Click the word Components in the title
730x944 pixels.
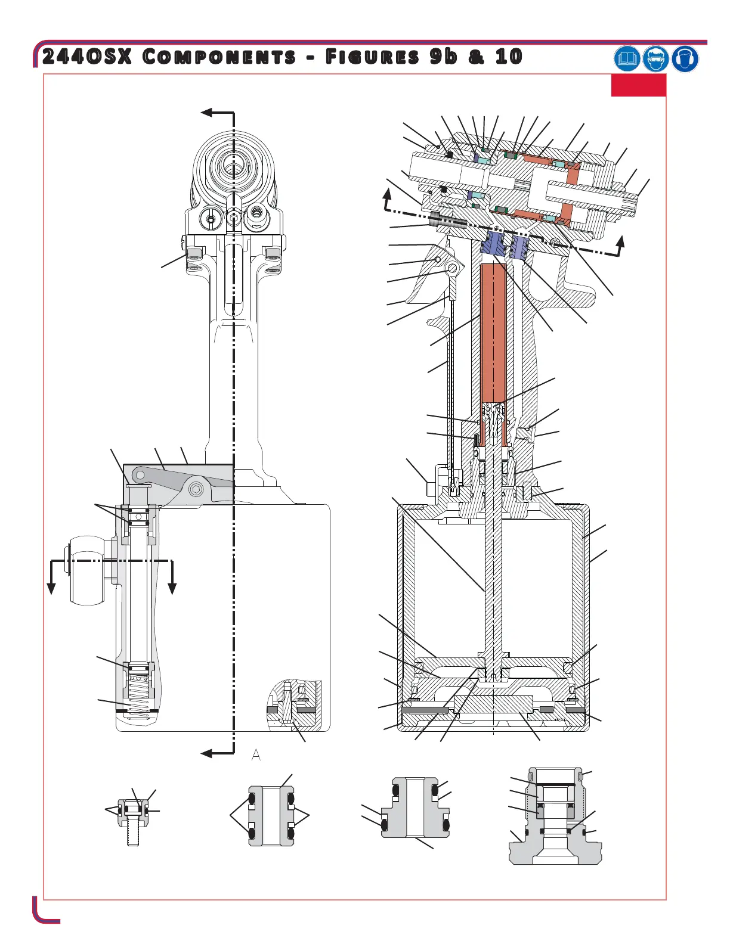[219, 57]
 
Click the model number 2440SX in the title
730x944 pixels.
[87, 57]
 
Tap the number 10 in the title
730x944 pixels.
[509, 57]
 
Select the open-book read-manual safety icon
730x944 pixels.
[626, 58]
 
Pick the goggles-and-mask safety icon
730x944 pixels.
[655, 58]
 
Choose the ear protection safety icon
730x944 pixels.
[685, 58]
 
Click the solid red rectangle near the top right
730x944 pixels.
[638, 85]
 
